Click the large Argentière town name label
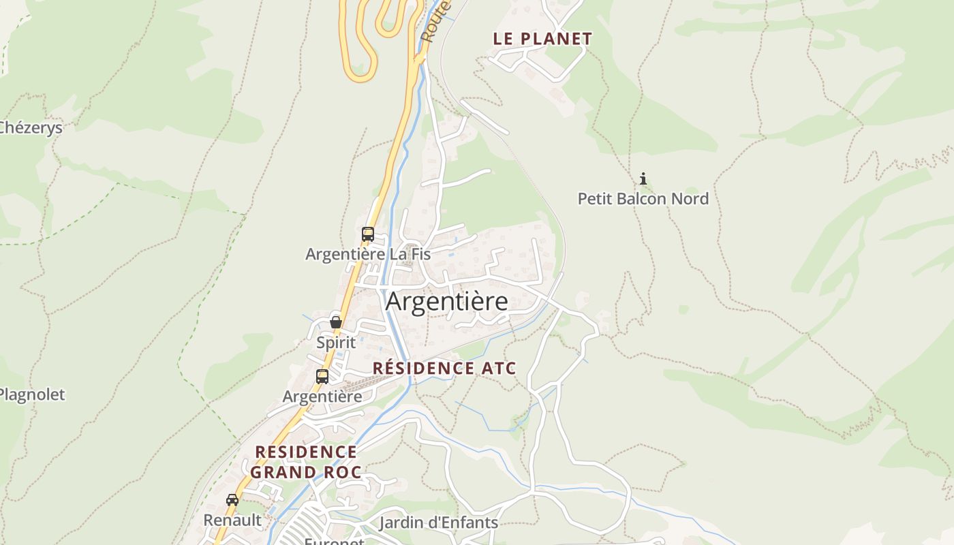pos(447,301)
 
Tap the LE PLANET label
pos(542,39)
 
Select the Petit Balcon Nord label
pos(643,199)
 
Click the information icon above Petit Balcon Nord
pos(643,179)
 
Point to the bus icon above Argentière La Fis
pos(368,234)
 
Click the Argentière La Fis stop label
pos(368,254)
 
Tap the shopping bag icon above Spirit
pos(336,322)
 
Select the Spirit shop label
pos(336,342)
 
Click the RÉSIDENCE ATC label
pos(444,369)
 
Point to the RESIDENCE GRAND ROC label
pos(306,462)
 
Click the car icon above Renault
pos(232,499)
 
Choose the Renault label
pos(232,520)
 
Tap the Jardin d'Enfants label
pos(438,523)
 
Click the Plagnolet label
pos(32,394)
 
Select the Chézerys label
pos(31,127)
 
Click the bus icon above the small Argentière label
pos(322,376)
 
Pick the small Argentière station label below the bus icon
pos(322,396)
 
